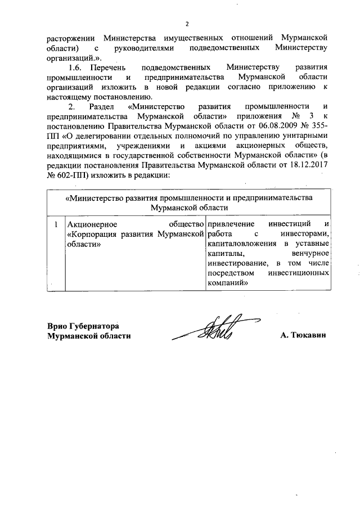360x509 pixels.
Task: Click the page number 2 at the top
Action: (x=186, y=24)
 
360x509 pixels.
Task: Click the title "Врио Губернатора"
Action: (x=84, y=326)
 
